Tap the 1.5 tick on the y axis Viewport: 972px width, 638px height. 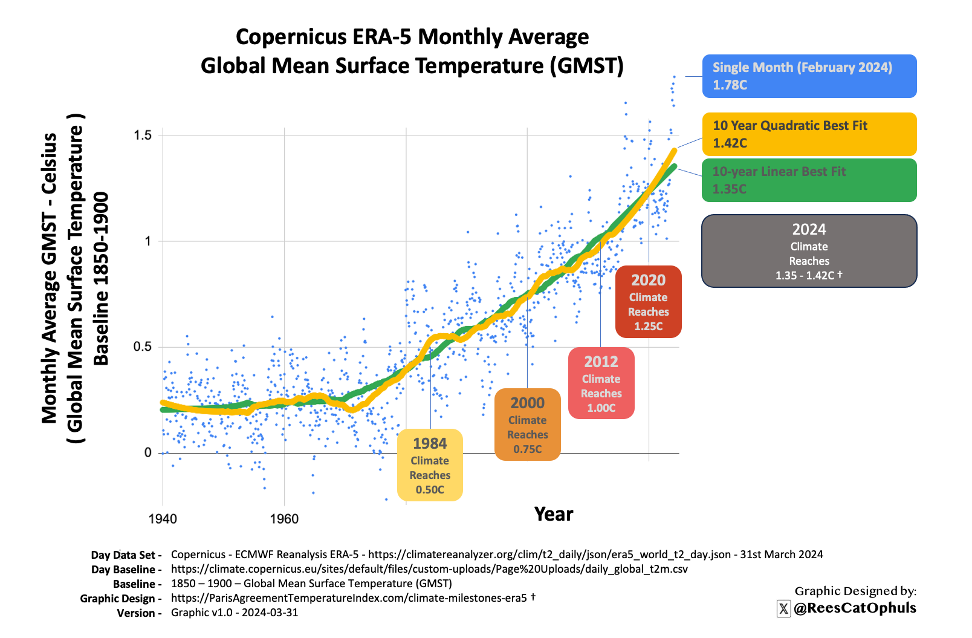pos(143,135)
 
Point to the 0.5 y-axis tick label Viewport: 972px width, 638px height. pos(143,347)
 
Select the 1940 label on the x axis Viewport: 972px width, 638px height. pos(163,519)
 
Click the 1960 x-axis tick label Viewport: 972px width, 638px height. pos(284,519)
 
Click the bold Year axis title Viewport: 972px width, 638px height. pos(553,514)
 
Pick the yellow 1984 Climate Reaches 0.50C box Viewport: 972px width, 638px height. pos(430,465)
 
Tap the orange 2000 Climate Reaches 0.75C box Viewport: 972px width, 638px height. pos(527,425)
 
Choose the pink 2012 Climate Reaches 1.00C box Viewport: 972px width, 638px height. pos(601,383)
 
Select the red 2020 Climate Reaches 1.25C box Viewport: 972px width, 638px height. pos(648,302)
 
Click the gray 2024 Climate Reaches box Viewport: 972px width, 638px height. pos(809,251)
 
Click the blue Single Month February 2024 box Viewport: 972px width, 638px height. pos(809,76)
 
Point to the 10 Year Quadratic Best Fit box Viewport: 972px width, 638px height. pos(809,134)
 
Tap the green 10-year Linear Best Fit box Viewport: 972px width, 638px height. pos(809,180)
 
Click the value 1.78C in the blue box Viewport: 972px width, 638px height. pos(730,85)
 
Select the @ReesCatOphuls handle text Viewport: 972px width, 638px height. pos(855,608)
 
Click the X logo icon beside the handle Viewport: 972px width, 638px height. pos(783,609)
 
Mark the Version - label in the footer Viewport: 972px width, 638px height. pos(139,613)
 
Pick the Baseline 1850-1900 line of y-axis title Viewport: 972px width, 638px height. pos(102,279)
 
